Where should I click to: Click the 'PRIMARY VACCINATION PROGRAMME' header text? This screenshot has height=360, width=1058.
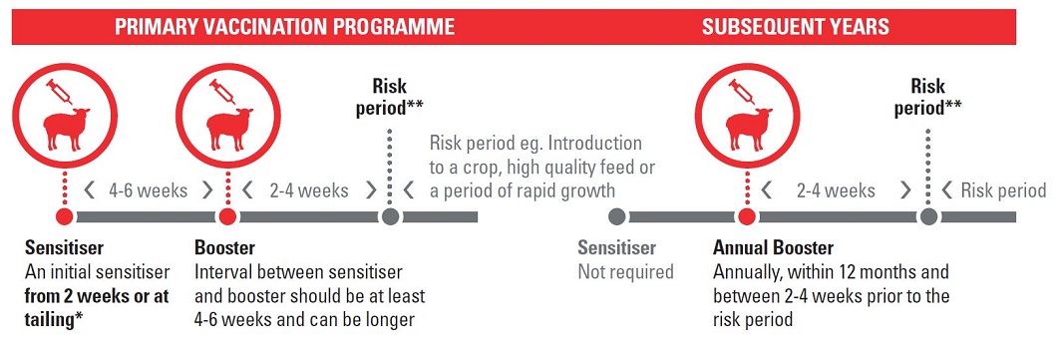[x=284, y=27]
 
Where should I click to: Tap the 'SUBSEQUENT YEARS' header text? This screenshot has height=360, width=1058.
[x=796, y=27]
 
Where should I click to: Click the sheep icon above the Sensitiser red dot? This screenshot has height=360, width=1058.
[x=66, y=128]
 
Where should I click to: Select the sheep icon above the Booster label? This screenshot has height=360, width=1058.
[x=228, y=128]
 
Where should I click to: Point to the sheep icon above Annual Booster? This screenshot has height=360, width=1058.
[x=747, y=128]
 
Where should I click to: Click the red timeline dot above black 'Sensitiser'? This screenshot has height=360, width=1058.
[x=65, y=216]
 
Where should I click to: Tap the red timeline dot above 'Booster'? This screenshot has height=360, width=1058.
[x=228, y=216]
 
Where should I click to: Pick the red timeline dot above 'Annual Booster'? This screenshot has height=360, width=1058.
[x=746, y=216]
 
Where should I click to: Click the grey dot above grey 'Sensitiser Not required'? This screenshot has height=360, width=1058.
[x=616, y=216]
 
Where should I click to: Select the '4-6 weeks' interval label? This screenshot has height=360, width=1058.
[x=148, y=190]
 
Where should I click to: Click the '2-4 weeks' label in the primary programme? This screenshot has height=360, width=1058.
[x=309, y=190]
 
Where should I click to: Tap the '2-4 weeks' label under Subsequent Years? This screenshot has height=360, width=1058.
[x=836, y=190]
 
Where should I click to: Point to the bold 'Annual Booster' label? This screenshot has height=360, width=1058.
[x=773, y=248]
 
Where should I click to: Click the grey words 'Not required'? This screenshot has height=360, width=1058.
[x=625, y=272]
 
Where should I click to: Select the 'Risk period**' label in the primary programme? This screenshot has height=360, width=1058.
[x=390, y=98]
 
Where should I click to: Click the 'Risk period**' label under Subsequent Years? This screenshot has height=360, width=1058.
[x=928, y=98]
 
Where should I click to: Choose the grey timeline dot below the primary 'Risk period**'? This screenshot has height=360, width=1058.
[x=390, y=216]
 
